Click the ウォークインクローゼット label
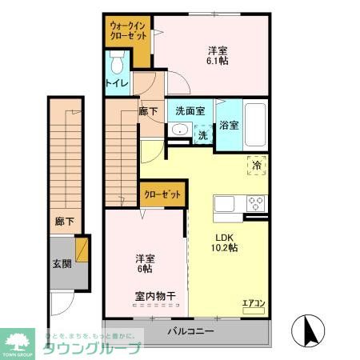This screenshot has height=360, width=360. pyautogui.click(x=129, y=31)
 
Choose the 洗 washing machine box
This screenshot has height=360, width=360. pyautogui.click(x=203, y=136)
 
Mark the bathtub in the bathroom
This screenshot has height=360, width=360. pyautogui.click(x=254, y=124)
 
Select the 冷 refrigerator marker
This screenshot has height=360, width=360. pyautogui.click(x=257, y=164)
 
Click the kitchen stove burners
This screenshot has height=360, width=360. pyautogui.click(x=256, y=202)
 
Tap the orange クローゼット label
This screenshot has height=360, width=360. pyautogui.click(x=163, y=193)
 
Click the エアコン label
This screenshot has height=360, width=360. pyautogui.click(x=253, y=302)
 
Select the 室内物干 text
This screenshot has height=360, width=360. pyautogui.click(x=156, y=295)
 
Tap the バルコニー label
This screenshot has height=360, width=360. pyautogui.click(x=190, y=330)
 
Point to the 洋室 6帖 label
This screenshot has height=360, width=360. pyautogui.click(x=145, y=263)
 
